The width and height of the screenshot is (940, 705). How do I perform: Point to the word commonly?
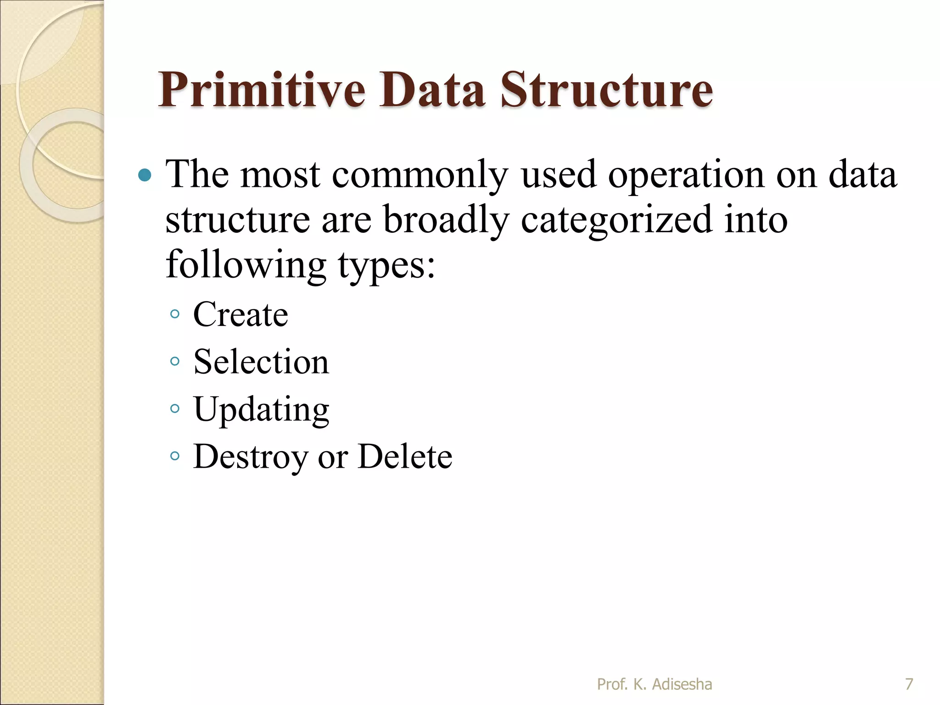tap(420, 175)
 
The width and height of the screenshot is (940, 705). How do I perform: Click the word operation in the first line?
tap(686, 175)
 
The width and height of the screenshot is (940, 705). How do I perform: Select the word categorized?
tap(616, 220)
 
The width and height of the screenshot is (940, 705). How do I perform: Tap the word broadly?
tap(446, 220)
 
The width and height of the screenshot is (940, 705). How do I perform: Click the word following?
tap(246, 265)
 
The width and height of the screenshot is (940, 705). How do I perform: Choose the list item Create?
tap(241, 314)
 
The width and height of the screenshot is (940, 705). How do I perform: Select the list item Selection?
tap(261, 362)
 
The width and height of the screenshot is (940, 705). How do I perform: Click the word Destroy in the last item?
tap(250, 457)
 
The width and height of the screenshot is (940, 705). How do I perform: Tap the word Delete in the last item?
tap(405, 457)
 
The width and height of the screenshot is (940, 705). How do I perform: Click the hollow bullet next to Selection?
tap(174, 361)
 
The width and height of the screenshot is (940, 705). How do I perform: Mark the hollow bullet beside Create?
tap(174, 314)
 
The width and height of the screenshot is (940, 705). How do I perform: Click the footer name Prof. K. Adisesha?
tap(654, 684)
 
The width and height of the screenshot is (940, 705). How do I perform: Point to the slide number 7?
tap(909, 684)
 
